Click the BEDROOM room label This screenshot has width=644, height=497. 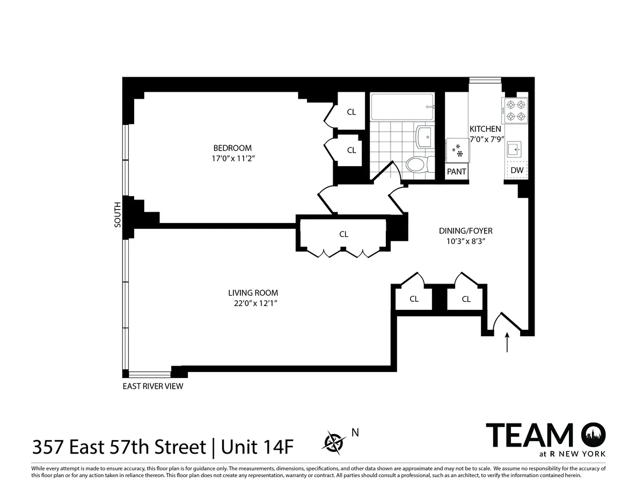[x=232, y=148]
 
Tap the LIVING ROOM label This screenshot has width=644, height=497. [x=253, y=293]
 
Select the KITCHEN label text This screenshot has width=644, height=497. [x=485, y=129]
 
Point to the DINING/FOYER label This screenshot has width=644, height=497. [x=465, y=231]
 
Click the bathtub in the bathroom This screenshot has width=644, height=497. [x=402, y=107]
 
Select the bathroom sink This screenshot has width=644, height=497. [x=427, y=137]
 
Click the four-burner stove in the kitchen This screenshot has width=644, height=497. [x=515, y=110]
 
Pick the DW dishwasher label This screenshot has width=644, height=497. [x=517, y=170]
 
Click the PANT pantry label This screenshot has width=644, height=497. [x=457, y=172]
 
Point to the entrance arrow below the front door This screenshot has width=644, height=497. [x=508, y=343]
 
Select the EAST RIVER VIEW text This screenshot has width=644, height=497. [x=153, y=387]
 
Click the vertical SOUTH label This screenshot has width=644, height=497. [x=118, y=218]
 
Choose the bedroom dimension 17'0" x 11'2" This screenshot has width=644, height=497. [x=232, y=158]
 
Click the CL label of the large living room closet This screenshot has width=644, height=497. [x=343, y=234]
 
